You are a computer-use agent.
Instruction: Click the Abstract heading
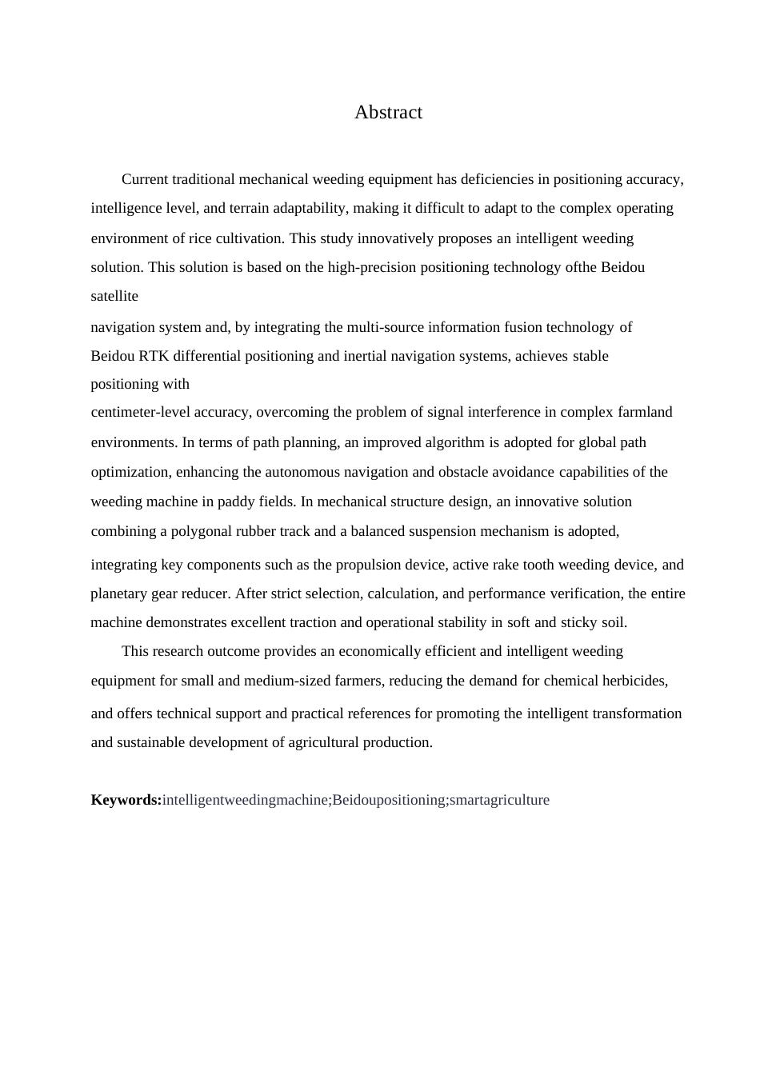388,113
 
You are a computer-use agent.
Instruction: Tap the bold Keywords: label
126,800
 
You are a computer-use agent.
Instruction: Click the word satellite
114,296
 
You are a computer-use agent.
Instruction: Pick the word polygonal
200,531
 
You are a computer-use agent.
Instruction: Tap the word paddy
236,502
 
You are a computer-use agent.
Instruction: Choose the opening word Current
145,179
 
